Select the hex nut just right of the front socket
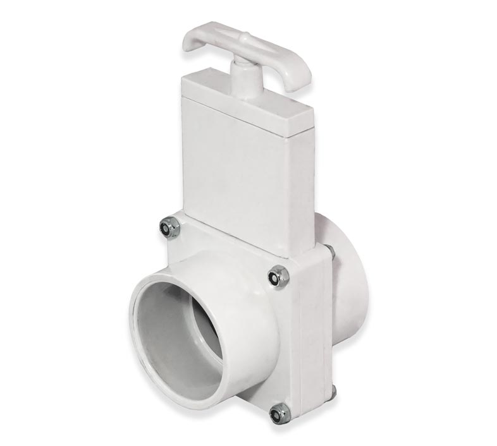(x=278, y=275)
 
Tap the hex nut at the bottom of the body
(x=277, y=414)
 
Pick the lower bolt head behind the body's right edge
(x=331, y=393)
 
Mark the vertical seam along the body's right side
(x=326, y=328)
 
